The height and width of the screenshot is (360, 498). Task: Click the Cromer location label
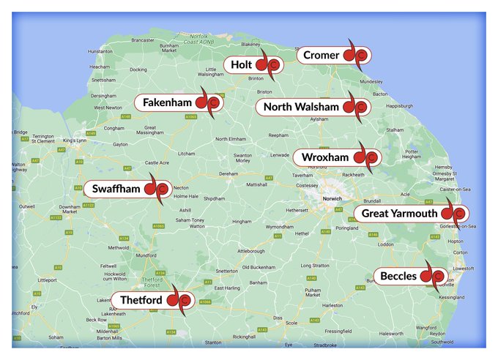[322, 56]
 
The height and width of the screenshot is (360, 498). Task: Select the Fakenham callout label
[167, 102]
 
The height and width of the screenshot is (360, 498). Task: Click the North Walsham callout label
[301, 108]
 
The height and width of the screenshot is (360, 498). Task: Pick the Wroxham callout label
[322, 157]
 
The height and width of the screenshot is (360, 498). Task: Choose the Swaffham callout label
[116, 189]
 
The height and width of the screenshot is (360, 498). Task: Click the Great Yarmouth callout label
[399, 214]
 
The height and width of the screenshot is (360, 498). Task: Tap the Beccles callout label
[398, 277]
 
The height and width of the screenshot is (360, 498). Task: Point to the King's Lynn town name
[75, 140]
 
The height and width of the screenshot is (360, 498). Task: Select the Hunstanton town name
[100, 51]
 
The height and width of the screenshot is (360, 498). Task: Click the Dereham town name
[229, 174]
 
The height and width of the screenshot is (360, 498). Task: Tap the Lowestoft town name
[464, 269]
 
